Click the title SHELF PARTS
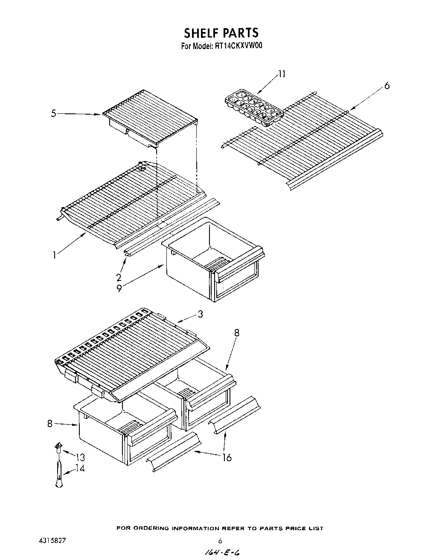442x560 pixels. pyautogui.click(x=221, y=33)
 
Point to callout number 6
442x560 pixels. pyautogui.click(x=387, y=86)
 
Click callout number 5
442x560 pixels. pyautogui.click(x=53, y=114)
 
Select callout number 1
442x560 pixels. pyautogui.click(x=54, y=256)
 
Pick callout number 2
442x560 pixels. pyautogui.click(x=119, y=277)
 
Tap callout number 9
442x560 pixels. pyautogui.click(x=119, y=288)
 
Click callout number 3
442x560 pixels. pyautogui.click(x=200, y=314)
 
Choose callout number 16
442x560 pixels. pyautogui.click(x=227, y=457)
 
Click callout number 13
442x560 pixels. pyautogui.click(x=80, y=457)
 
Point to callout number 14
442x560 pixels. pyautogui.click(x=80, y=468)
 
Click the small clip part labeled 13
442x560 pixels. pyautogui.click(x=58, y=447)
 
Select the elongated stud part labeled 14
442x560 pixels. pyautogui.click(x=59, y=473)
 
